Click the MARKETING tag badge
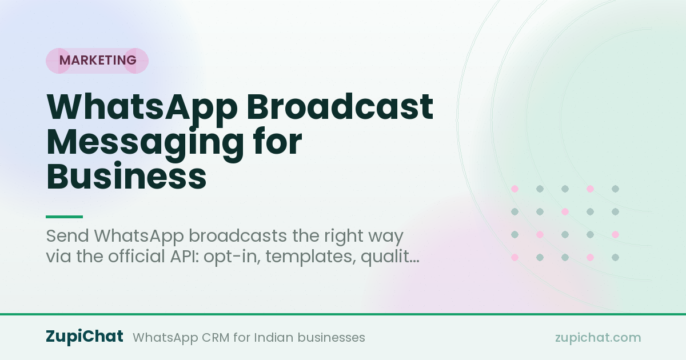97,61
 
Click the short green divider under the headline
64,217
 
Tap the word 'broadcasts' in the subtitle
238,236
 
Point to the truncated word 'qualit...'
390,257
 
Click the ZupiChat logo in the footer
85,337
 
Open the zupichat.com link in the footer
598,338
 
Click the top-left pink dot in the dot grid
515,189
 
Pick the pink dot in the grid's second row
565,211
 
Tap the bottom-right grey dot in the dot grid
615,258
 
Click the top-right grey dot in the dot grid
615,189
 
